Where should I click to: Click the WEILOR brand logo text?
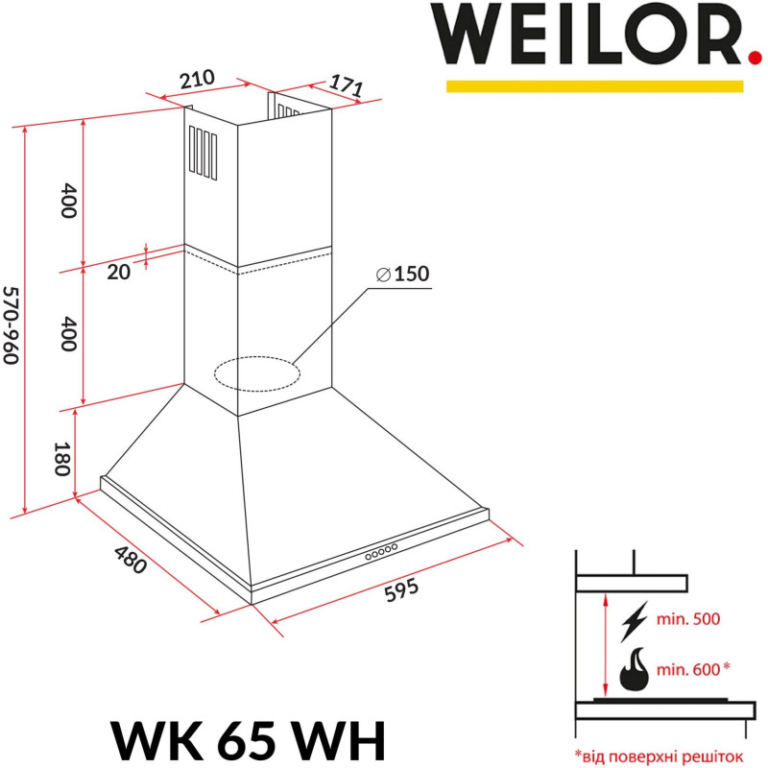(588, 36)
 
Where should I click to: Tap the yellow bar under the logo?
(594, 86)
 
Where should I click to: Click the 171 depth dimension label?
(346, 85)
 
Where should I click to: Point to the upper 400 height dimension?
(66, 200)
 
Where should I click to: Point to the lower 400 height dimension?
(66, 333)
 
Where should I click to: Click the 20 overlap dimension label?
(118, 272)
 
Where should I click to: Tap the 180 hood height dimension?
(64, 459)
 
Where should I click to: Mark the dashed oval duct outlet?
(254, 373)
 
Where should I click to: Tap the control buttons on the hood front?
(380, 552)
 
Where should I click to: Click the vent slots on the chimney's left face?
(203, 154)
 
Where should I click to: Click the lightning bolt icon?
(635, 620)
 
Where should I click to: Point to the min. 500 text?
(686, 620)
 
